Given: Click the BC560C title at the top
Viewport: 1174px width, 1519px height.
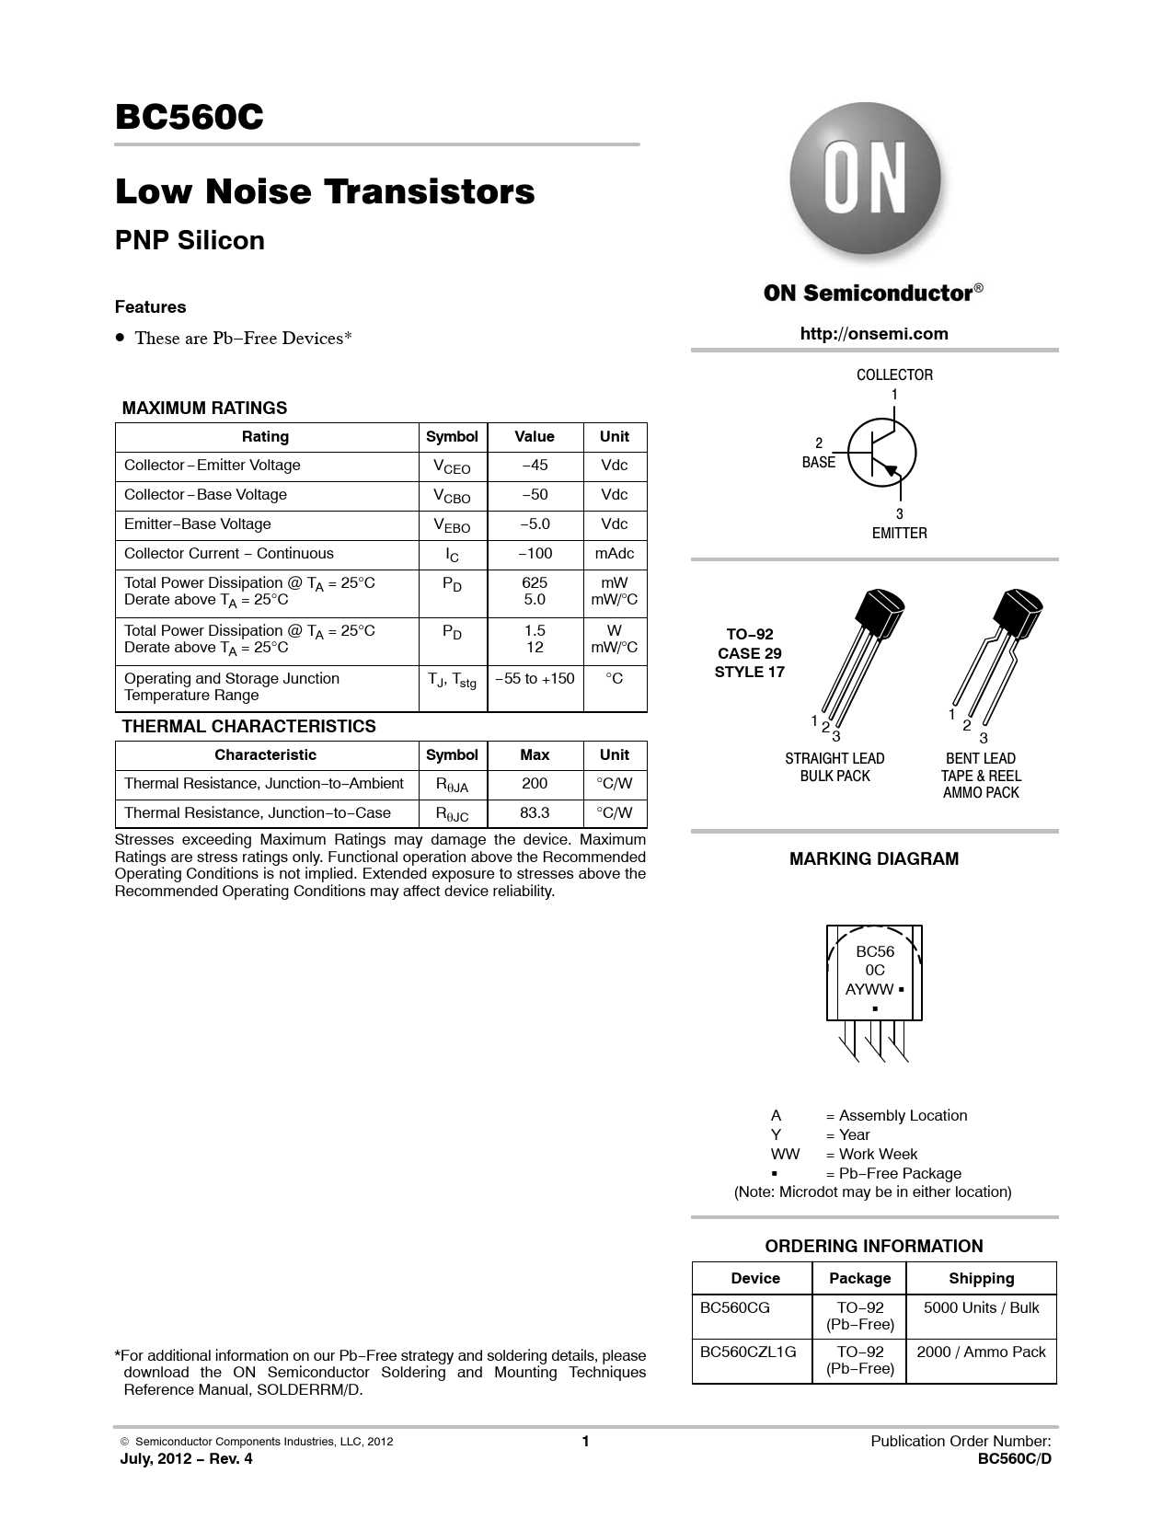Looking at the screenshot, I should pos(189,118).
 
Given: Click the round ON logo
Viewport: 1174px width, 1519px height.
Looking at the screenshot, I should pos(865,178).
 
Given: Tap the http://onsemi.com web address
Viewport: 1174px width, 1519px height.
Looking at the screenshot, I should pos(873,334).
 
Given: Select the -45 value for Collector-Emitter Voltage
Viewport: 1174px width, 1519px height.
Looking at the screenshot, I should pos(535,466).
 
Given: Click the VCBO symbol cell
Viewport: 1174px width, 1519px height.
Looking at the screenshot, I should pos(452,496).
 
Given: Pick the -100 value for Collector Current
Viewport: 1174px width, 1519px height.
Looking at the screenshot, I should pos(535,554).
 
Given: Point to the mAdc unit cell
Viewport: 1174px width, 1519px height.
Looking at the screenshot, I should pos(614,554).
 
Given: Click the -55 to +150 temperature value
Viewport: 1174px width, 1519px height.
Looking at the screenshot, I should pos(535,679).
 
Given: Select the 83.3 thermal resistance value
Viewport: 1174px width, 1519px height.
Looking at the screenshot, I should pos(535,813).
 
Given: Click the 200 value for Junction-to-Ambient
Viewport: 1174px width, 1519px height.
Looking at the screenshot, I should pos(535,784).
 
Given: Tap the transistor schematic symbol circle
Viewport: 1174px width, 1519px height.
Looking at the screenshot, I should pos(880,453).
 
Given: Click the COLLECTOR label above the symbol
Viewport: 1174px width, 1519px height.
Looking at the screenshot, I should pos(894,375).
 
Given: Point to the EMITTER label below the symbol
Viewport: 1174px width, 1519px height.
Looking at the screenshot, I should pos(899,534).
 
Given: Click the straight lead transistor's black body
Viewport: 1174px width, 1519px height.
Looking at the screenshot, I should pos(880,614).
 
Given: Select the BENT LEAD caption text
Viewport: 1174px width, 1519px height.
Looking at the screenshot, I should pos(981,759).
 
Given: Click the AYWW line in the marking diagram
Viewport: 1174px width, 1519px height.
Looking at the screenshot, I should pos(870,990).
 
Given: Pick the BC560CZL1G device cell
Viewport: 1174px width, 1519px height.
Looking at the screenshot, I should pos(748,1352).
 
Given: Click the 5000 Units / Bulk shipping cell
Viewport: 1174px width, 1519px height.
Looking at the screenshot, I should pos(981,1308).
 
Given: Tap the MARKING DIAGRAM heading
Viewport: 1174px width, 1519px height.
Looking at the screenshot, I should pos(873,859).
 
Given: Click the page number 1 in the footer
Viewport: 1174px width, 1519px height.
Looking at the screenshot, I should pos(585,1442).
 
